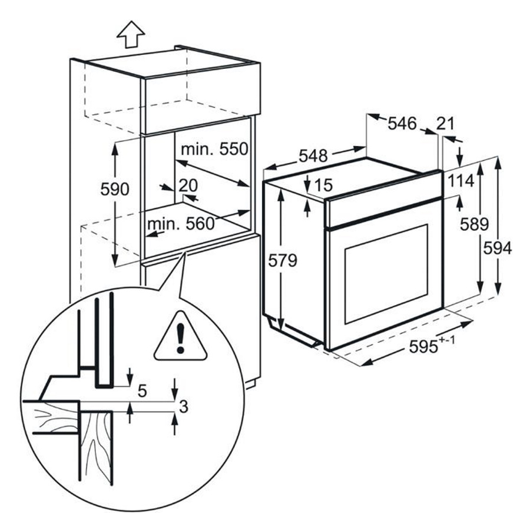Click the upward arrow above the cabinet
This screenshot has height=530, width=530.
click(131, 34)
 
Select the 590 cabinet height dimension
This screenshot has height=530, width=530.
click(115, 189)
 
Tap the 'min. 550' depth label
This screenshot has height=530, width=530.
click(214, 149)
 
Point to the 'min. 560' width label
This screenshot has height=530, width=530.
click(181, 223)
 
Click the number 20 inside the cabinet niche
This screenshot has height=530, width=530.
click(188, 185)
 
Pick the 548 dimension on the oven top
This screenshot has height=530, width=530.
click(313, 155)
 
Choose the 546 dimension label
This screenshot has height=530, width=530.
click(402, 124)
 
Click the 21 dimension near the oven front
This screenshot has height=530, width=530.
click(445, 124)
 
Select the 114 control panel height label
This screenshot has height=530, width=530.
click(461, 181)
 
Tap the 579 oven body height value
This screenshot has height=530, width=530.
click(283, 260)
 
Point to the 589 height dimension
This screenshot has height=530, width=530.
click(474, 224)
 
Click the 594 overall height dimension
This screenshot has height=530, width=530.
click(498, 249)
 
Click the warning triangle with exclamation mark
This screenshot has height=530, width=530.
click(180, 336)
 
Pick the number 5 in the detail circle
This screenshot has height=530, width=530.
click(143, 391)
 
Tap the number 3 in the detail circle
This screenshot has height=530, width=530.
click(183, 406)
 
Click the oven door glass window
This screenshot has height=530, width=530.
click(386, 274)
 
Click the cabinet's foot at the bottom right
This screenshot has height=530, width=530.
click(250, 385)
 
